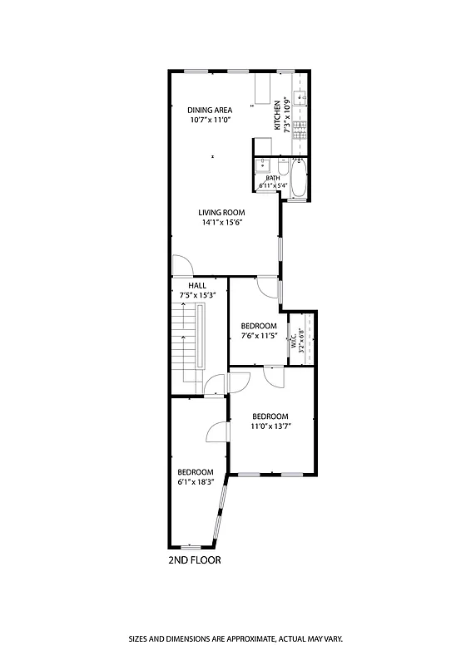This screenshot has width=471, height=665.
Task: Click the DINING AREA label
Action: click(209, 110)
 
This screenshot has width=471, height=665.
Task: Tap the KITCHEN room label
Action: click(277, 116)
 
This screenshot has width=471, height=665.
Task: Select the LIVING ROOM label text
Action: click(221, 212)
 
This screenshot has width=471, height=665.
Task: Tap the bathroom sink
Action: click(263, 164)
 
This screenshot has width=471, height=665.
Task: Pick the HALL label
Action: click(197, 286)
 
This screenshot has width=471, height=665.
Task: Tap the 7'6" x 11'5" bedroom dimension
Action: click(258, 335)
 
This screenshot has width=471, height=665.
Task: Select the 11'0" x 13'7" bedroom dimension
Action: click(270, 426)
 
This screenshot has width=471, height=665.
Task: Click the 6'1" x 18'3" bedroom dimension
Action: click(196, 481)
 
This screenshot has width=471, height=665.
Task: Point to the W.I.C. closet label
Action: click(294, 342)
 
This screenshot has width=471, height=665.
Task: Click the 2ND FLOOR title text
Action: click(195, 560)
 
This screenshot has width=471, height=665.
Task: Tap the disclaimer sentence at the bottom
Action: click(235, 639)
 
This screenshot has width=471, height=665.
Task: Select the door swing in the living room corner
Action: click(182, 266)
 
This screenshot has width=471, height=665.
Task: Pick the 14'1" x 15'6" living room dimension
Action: click(221, 222)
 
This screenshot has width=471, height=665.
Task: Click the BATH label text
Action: click(272, 178)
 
